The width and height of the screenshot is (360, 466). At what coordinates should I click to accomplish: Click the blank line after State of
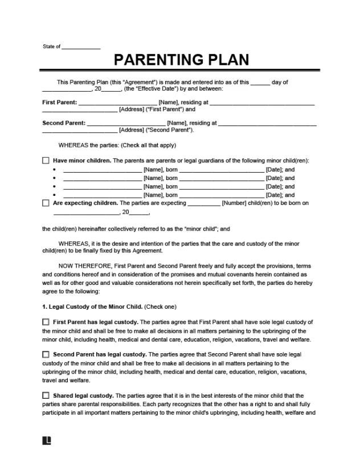click(x=80, y=47)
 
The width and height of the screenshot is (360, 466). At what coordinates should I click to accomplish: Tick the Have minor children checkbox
click(x=46, y=161)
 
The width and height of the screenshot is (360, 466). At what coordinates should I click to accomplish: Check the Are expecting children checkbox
click(x=46, y=203)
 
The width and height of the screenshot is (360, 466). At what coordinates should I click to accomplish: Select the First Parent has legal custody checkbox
click(x=46, y=322)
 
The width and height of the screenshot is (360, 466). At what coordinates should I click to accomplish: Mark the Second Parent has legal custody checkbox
click(x=46, y=354)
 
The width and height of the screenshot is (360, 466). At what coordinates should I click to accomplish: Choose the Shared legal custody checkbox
click(x=46, y=395)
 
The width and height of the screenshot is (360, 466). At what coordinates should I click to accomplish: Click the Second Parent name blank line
click(x=126, y=122)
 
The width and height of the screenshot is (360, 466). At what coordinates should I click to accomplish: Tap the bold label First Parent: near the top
click(x=60, y=103)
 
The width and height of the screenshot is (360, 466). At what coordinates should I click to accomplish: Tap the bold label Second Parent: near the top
click(x=64, y=122)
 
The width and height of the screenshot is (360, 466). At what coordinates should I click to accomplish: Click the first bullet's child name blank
click(x=102, y=170)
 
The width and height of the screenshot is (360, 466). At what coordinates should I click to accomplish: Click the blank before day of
click(x=260, y=83)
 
